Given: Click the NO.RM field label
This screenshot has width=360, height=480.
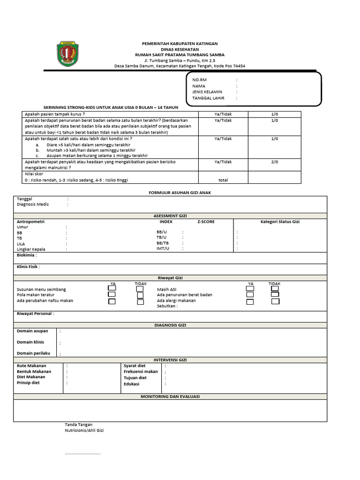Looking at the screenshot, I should click(x=199, y=80).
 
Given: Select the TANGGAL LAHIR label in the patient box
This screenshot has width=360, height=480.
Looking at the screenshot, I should click(x=209, y=98).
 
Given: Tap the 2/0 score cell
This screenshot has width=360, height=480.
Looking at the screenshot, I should click(x=274, y=162).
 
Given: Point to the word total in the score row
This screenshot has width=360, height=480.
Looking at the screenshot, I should click(x=223, y=180).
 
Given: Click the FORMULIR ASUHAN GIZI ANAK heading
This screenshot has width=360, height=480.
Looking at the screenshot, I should click(x=170, y=193).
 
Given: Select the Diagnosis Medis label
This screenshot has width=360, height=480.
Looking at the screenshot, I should click(x=33, y=204).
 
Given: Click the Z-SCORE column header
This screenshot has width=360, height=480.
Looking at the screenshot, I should click(x=206, y=222).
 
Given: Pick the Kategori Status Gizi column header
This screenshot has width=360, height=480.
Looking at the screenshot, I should click(x=280, y=222).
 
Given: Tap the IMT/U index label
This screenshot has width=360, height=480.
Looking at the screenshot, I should click(x=163, y=249).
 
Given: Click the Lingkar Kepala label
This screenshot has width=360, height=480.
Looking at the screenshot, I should click(x=34, y=249).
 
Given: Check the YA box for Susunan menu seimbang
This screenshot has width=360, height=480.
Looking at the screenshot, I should click(x=112, y=289).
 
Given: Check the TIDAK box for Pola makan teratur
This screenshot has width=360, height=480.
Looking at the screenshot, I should click(x=140, y=295).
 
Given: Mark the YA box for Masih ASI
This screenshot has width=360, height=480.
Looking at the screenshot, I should click(x=250, y=289).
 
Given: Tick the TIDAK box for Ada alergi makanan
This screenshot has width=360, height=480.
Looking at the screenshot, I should click(x=274, y=301).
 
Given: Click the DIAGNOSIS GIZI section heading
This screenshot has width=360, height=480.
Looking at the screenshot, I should click(x=170, y=325).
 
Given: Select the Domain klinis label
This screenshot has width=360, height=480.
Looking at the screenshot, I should click(x=30, y=342).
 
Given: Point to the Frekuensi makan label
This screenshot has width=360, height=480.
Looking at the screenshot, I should click(x=141, y=371).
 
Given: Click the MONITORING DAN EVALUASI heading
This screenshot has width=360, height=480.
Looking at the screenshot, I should click(x=170, y=397).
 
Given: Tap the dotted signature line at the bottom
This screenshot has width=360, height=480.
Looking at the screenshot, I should click(x=82, y=454).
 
